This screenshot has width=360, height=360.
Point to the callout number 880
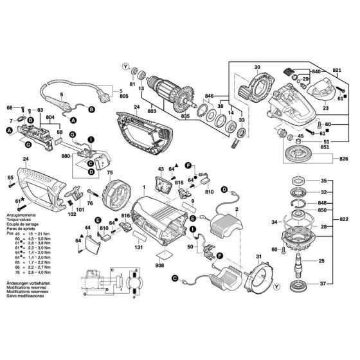(65, 155)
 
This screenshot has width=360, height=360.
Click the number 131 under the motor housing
(138, 246)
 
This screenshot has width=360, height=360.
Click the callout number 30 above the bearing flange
(256, 67)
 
